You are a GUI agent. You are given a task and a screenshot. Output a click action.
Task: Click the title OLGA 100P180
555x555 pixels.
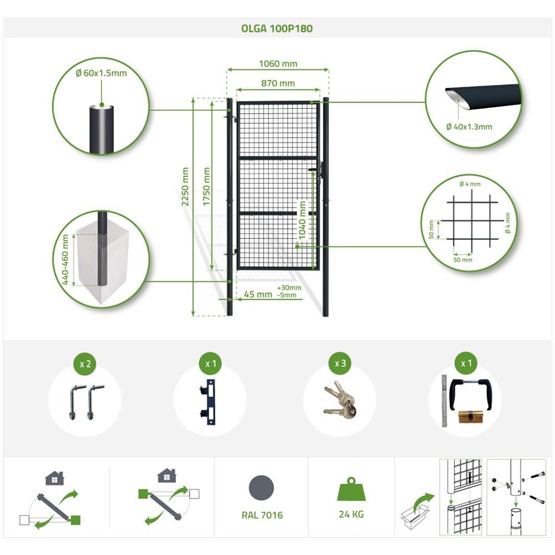pos(277,28)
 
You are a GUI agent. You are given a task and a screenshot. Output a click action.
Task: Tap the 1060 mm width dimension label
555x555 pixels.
pos(278,64)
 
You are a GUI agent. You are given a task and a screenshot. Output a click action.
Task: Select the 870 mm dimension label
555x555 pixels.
pos(278,83)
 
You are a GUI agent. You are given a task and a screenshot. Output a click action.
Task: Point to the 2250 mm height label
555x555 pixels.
pos(185,186)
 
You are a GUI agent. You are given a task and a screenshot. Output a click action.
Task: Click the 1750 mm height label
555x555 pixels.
pos(206,186)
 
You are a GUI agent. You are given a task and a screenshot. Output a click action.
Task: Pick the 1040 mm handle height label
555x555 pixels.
pos(302,220)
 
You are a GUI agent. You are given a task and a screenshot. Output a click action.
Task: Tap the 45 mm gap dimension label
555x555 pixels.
pos(258,295)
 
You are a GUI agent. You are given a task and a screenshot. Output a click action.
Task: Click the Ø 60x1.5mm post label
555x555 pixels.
pos(101,73)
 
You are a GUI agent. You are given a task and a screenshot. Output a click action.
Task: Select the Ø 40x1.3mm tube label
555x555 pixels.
pos(469,127)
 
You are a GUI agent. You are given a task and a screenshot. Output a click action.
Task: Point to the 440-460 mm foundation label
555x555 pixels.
pos(65,259)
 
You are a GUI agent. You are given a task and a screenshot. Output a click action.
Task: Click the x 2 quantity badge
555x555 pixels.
pos(85,364)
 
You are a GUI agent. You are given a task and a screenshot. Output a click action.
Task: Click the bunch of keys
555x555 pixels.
pos(340,400)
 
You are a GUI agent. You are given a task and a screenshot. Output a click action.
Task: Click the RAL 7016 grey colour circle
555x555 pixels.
pos(261,488)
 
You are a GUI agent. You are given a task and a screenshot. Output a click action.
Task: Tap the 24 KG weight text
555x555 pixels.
pos(351,514)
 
